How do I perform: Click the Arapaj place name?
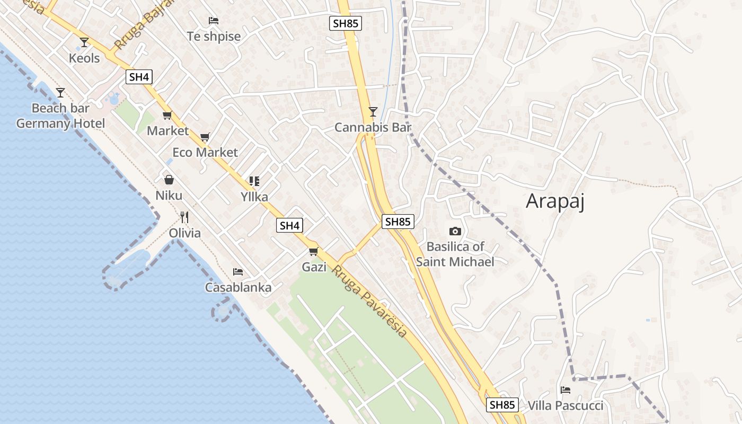555,201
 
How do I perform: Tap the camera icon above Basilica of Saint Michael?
455,231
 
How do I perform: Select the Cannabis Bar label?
373,127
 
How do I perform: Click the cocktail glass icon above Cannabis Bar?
373,111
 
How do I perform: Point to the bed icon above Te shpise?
214,21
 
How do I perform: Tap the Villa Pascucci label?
565,406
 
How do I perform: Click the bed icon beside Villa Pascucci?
566,390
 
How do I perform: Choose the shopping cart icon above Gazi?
314,251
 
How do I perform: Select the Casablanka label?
238,287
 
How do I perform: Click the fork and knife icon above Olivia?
184,217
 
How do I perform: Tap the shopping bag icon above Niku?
169,180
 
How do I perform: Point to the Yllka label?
254,197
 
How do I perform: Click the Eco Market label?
205,153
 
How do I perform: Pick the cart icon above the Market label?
167,115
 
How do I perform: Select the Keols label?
84,58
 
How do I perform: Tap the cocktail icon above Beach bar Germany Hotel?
60,93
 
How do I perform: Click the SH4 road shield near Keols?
139,77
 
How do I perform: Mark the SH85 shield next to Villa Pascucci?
502,405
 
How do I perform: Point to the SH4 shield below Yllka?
289,225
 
